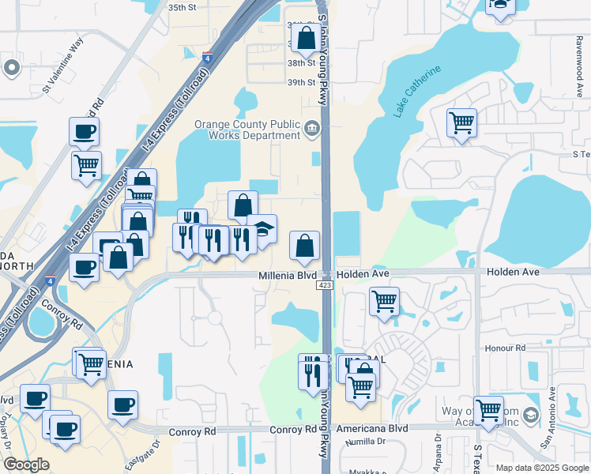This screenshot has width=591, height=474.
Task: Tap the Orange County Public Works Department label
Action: [247, 130]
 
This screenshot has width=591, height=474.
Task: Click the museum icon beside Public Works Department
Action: [312, 128]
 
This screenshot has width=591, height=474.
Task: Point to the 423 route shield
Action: [326, 284]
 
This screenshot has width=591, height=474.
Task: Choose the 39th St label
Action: [301, 82]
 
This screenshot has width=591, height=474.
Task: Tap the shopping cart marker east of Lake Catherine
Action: [461, 123]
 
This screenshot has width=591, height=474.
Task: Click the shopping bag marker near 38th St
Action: [306, 37]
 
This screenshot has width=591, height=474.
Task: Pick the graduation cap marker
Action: [262, 229]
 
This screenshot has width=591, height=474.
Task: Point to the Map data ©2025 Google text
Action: [543, 468]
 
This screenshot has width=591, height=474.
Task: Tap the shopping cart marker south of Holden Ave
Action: [384, 301]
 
